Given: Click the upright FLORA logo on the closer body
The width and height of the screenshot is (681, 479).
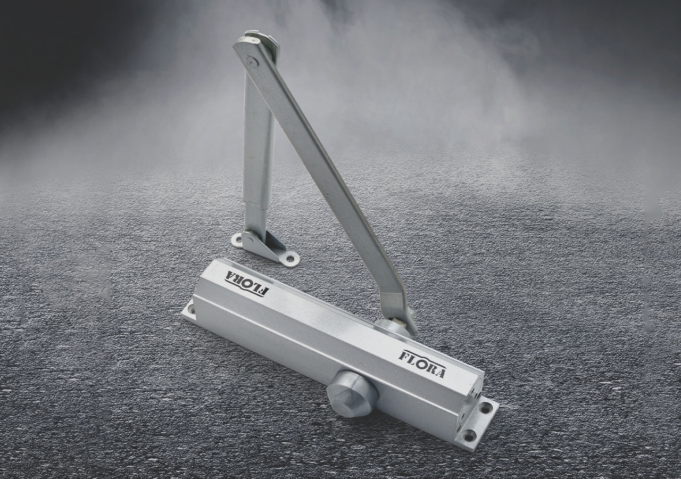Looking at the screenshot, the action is (422, 365).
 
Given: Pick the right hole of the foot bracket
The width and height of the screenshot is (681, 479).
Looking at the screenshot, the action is (291, 259).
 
